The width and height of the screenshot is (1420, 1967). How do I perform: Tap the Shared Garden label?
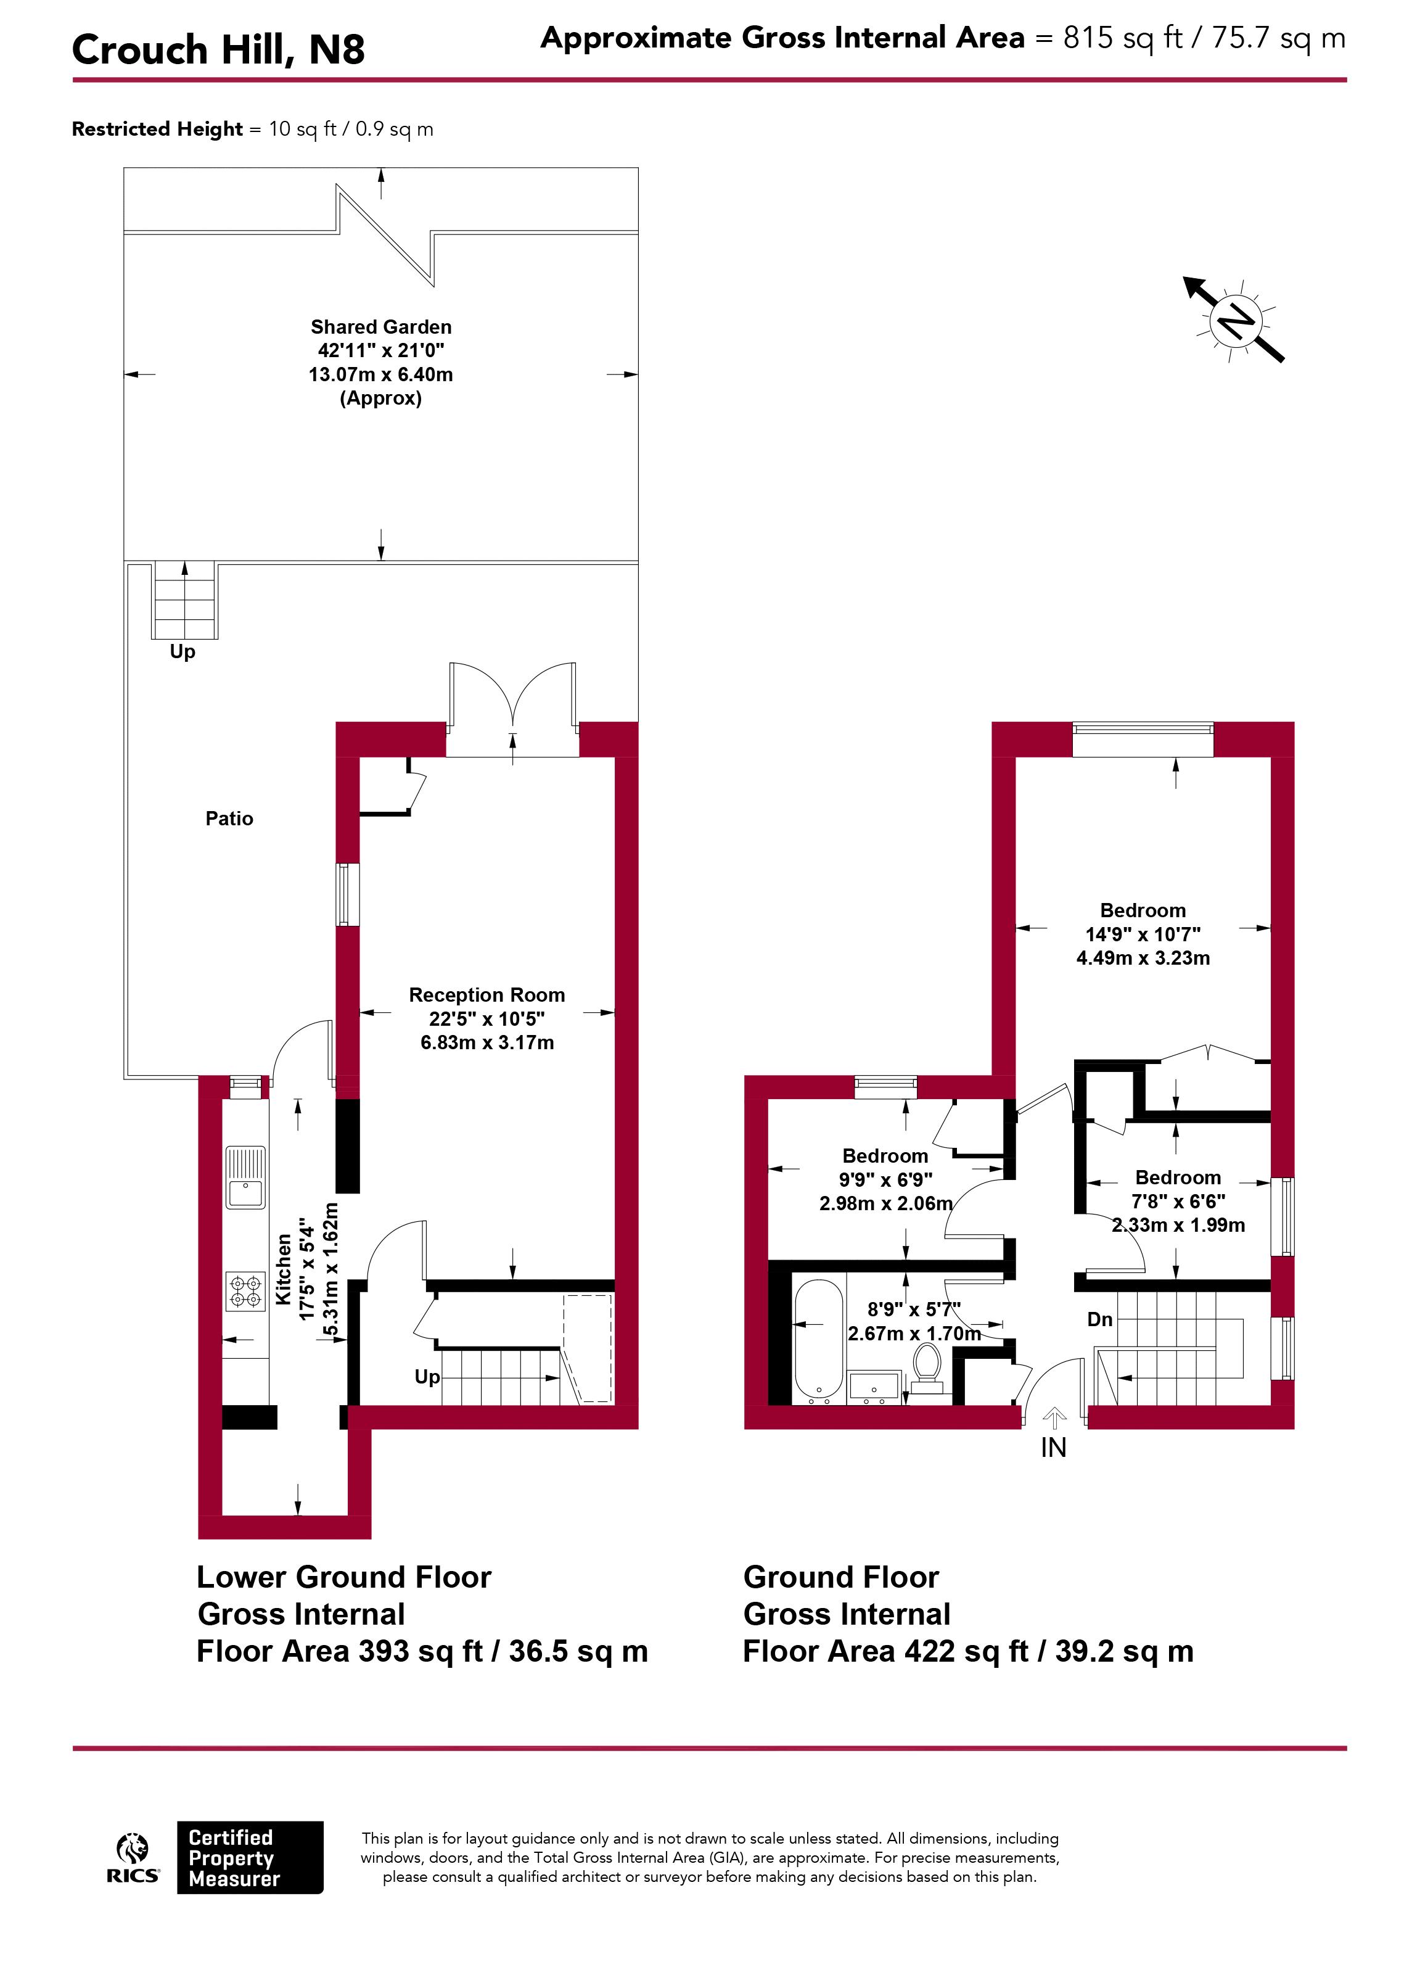point(382,327)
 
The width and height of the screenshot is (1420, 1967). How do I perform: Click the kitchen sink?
point(245,1177)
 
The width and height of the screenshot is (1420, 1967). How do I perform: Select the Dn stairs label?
point(1099,1319)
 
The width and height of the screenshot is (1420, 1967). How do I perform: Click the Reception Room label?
point(487,995)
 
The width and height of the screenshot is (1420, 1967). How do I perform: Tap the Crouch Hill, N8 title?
point(218,49)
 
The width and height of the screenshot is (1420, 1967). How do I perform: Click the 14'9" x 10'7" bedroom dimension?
point(1143,934)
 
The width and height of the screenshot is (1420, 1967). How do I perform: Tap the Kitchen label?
point(284,1270)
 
